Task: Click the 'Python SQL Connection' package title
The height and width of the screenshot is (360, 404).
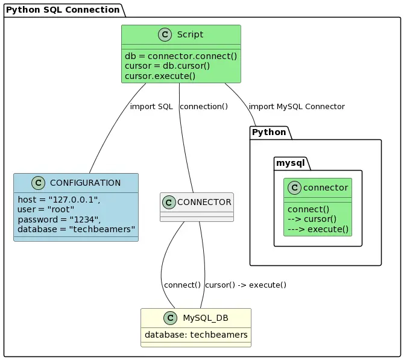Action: click(x=63, y=10)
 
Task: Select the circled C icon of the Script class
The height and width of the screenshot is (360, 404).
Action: click(x=166, y=35)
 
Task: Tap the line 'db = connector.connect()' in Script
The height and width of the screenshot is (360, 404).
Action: click(x=181, y=56)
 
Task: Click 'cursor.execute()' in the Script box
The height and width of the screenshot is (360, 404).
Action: click(x=160, y=75)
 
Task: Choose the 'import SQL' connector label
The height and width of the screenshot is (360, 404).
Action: click(x=151, y=107)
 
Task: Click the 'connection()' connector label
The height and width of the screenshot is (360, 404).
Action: click(x=204, y=107)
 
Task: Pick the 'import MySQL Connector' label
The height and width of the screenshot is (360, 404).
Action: click(x=296, y=107)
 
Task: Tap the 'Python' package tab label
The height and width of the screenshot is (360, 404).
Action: click(x=269, y=132)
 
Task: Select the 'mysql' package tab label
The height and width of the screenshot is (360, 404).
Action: click(x=291, y=163)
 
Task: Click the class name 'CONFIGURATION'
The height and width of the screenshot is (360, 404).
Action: click(x=85, y=183)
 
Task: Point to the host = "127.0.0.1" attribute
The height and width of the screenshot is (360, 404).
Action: click(x=59, y=200)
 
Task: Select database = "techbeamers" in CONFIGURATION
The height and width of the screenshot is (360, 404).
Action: click(x=77, y=230)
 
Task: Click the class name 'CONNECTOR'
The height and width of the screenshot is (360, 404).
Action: click(x=204, y=201)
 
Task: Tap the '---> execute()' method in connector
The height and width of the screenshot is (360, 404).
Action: click(x=318, y=229)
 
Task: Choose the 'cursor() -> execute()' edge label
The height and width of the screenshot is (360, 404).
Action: click(x=245, y=285)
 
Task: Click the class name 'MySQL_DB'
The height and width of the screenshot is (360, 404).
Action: click(x=205, y=318)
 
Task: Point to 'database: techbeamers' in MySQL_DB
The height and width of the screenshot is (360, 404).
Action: click(x=196, y=335)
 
